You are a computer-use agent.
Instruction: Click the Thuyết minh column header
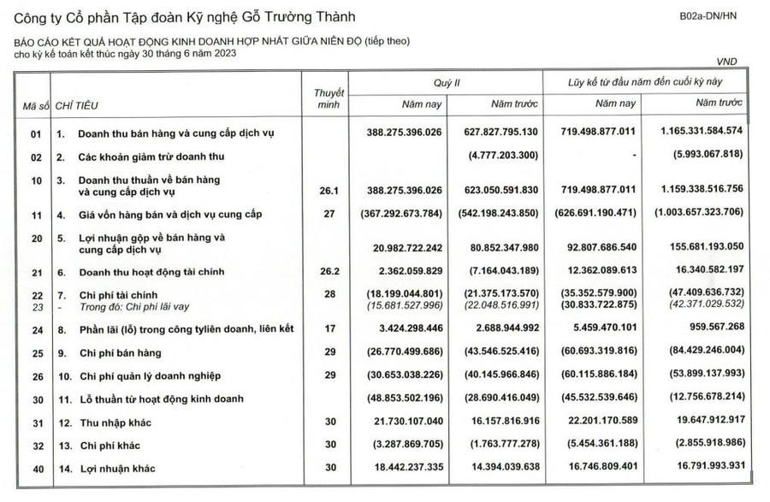(x=329, y=97)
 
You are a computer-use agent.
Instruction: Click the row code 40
(x=36, y=469)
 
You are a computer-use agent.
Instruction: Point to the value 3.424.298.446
(x=401, y=328)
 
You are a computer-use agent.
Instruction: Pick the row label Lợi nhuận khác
(x=118, y=469)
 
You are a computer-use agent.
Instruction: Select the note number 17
(x=329, y=328)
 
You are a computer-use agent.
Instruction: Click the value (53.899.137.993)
(x=700, y=375)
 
